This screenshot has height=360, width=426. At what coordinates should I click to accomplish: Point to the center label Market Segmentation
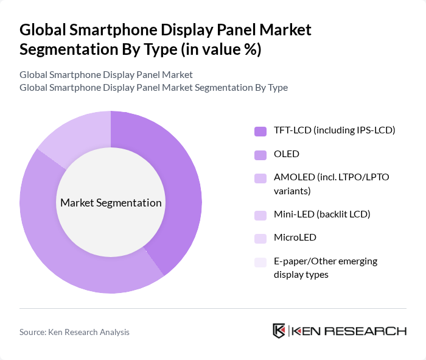111,203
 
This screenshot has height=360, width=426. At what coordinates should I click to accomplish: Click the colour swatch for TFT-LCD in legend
260,131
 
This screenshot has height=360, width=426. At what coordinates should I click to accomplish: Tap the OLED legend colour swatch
260,154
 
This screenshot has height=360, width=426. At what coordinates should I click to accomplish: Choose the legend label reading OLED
287,154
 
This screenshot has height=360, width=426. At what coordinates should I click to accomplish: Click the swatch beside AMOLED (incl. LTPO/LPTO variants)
260,178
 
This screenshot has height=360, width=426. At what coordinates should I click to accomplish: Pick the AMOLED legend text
332,183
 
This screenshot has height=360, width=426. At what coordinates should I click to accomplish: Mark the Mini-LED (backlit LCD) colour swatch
260,214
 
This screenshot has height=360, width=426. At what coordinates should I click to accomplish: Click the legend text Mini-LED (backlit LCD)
322,214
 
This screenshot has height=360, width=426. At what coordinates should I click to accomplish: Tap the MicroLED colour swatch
260,238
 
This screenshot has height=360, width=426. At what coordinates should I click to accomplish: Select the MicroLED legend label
295,238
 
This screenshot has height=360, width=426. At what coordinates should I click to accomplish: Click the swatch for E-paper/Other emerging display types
260,262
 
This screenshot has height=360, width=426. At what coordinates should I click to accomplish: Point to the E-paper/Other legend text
326,267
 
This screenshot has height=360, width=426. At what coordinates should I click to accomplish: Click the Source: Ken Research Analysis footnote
74,332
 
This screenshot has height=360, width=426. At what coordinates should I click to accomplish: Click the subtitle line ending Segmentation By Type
153,87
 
